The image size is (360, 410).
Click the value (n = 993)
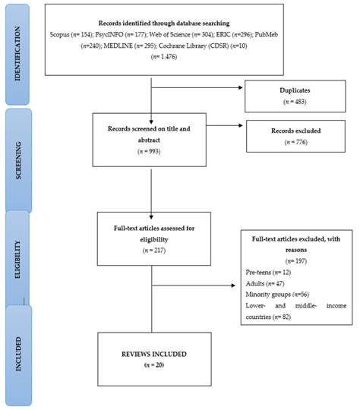coord(152,152)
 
